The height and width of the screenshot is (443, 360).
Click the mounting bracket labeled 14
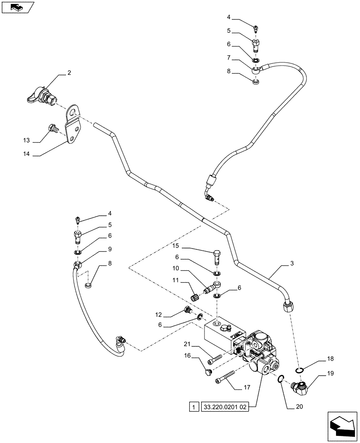coord(73,125)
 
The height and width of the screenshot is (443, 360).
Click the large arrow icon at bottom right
coord(341,427)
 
